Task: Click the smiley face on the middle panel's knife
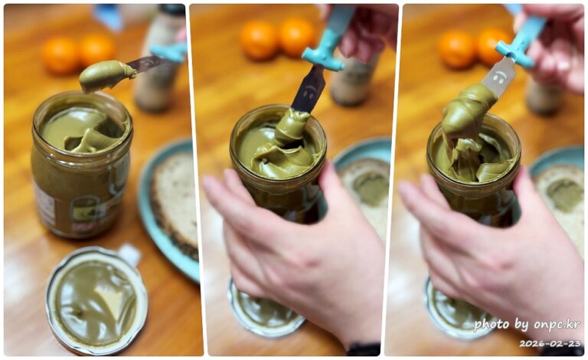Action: [x=309, y=91]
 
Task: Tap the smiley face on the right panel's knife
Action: [x=498, y=77]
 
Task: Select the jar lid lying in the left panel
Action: [x=96, y=301]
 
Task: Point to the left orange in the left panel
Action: [x=61, y=55]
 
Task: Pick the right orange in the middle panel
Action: [x=297, y=36]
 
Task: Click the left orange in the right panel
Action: [x=457, y=48]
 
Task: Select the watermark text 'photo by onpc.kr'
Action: [x=527, y=325]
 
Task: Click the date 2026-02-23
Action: [x=550, y=343]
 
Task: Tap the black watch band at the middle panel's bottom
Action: [x=363, y=349]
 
